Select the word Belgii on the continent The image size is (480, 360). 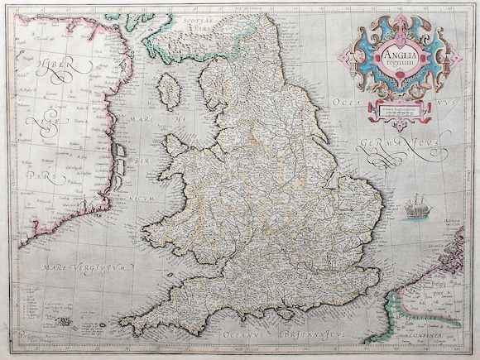point(451,265)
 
